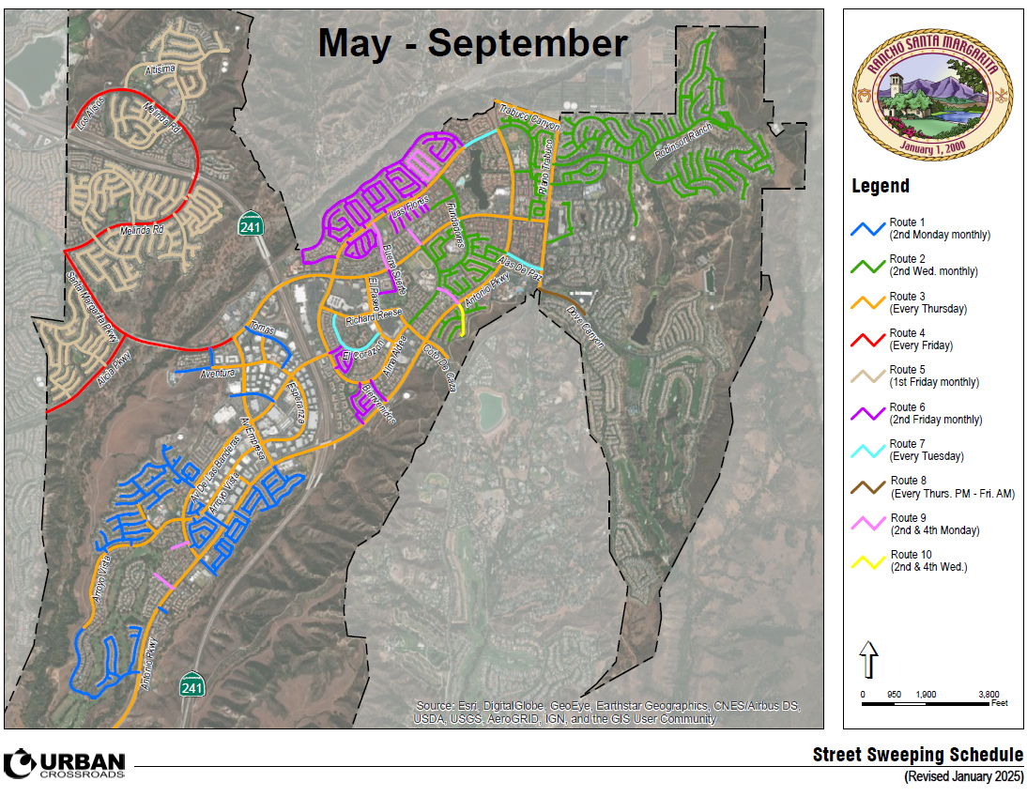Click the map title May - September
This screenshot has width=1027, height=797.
click(x=472, y=43)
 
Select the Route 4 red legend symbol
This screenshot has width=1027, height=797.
click(x=869, y=339)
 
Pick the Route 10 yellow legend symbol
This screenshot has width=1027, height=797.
click(x=869, y=561)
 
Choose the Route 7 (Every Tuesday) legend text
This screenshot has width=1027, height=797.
click(x=927, y=450)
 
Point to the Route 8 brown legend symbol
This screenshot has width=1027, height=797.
click(x=869, y=487)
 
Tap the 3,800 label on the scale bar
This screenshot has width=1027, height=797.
click(x=988, y=694)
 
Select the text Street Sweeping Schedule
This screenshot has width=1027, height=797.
click(x=917, y=756)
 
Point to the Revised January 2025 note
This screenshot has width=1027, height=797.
click(x=963, y=777)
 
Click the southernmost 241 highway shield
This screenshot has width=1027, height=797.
click(x=192, y=684)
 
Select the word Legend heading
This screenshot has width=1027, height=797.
click(x=880, y=186)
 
